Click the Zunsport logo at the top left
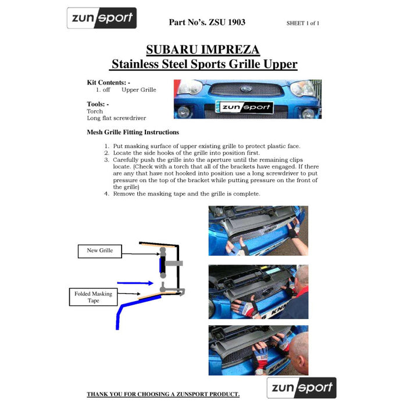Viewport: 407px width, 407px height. pyautogui.click(x=101, y=18)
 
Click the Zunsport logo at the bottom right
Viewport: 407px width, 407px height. pyautogui.click(x=301, y=388)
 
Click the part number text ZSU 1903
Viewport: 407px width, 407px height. pyautogui.click(x=207, y=23)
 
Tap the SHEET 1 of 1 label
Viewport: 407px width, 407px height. pyautogui.click(x=302, y=23)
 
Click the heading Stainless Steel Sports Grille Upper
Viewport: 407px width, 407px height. pyautogui.click(x=204, y=64)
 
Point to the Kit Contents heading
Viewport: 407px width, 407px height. pyautogui.click(x=108, y=83)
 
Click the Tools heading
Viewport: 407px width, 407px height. pyautogui.click(x=98, y=104)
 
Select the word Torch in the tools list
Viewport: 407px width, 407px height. pyautogui.click(x=95, y=111)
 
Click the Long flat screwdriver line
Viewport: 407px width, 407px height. pyautogui.click(x=116, y=118)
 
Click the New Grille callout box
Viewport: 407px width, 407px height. pyautogui.click(x=100, y=251)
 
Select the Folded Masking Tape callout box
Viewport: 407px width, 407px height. pyautogui.click(x=94, y=297)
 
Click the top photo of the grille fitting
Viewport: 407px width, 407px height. pyautogui.click(x=258, y=231)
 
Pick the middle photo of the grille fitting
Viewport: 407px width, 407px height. pyautogui.click(x=258, y=292)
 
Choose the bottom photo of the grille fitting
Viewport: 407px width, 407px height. pyautogui.click(x=258, y=350)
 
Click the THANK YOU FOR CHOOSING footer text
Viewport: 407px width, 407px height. pyautogui.click(x=163, y=394)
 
